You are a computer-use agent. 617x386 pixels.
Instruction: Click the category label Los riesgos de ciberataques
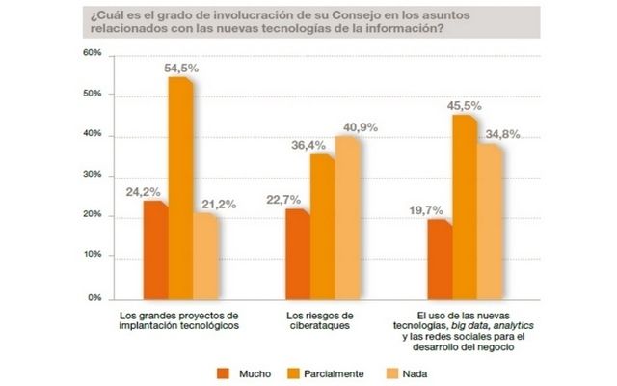point(321,321)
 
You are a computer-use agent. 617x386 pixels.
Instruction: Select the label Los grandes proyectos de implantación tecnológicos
point(179,321)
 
